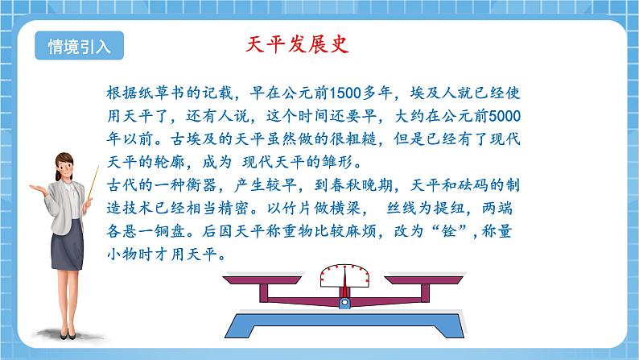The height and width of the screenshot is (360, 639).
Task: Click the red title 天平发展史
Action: point(296,44)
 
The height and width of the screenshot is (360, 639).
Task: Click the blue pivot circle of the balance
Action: point(345,304)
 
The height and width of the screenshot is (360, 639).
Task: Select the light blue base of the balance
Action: point(345,327)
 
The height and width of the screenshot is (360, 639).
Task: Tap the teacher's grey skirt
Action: point(69,257)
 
